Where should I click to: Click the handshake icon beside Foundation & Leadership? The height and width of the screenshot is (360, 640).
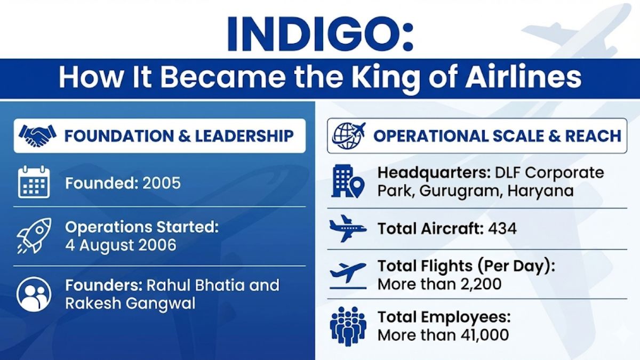tap(37, 135)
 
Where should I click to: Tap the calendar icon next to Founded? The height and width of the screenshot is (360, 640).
tap(34, 182)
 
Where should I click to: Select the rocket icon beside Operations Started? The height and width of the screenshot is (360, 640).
tap(34, 235)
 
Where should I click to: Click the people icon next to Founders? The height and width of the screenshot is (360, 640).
tap(34, 294)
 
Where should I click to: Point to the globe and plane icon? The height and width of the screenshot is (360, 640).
tap(349, 135)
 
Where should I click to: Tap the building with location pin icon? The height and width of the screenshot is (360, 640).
tap(347, 182)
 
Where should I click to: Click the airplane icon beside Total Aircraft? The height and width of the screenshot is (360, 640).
tap(348, 228)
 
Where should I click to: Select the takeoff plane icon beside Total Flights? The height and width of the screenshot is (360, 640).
tap(348, 274)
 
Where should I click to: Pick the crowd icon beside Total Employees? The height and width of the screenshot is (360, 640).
tap(348, 326)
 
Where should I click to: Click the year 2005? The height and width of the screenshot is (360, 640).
tap(162, 183)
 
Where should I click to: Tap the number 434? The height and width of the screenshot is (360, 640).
tap(502, 229)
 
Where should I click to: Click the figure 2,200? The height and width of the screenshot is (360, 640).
tap(476, 284)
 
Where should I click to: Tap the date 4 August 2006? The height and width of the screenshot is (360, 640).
tap(121, 245)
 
